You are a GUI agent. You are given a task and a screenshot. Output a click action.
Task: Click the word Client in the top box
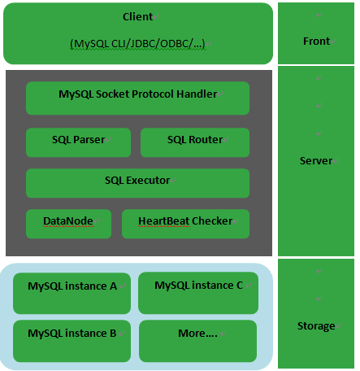coord(137,17)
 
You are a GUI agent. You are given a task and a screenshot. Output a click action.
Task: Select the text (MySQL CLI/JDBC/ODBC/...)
coord(137,44)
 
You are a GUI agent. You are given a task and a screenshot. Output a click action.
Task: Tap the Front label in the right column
coord(316,41)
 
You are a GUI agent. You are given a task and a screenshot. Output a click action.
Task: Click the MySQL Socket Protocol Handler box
coord(137,98)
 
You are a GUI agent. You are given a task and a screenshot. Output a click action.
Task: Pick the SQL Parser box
coord(78,142)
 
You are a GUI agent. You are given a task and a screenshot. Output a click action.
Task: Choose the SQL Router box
coord(195,142)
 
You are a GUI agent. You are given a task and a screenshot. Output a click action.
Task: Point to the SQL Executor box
coord(137,183)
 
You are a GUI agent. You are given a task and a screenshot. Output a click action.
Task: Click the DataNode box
coord(68,224)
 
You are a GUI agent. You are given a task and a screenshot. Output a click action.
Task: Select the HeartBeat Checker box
coord(185,224)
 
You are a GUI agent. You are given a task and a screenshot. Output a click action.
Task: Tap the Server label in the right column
coord(316,161)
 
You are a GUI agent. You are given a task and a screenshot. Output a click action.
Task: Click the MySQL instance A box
coord(72,293)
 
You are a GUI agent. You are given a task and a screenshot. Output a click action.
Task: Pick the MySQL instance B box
coord(72,341)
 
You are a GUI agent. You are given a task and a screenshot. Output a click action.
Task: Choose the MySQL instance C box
coord(198,293)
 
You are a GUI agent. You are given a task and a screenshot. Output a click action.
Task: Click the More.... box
coord(197,341)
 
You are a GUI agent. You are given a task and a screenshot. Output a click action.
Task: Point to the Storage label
coord(316,326)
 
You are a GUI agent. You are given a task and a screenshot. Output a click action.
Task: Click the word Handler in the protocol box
coord(197,94)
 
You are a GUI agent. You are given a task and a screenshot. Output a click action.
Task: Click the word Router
coord(206,140)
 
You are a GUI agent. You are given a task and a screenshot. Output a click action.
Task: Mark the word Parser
coord(89,140)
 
